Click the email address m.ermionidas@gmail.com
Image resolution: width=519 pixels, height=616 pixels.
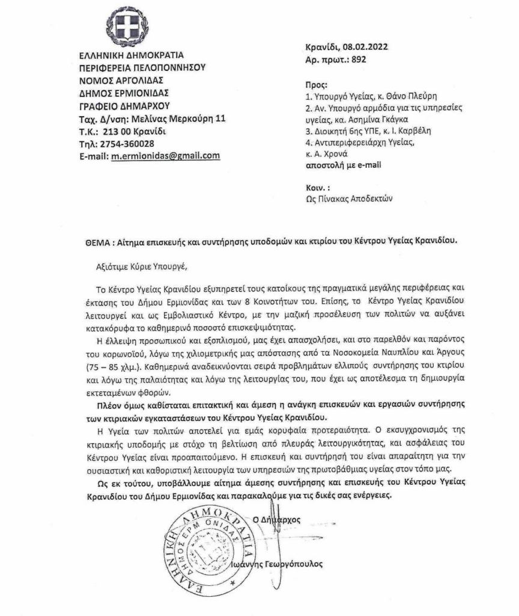(166, 156)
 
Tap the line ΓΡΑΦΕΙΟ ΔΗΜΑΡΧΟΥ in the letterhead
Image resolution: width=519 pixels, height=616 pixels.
(124, 106)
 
